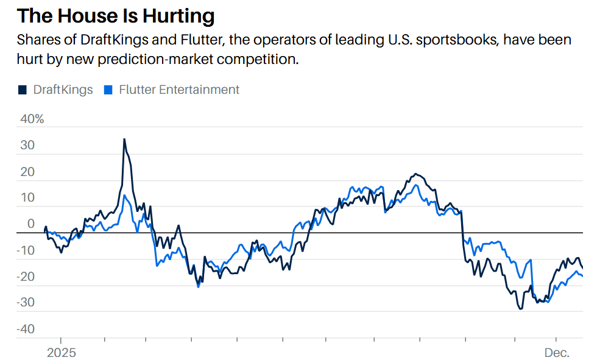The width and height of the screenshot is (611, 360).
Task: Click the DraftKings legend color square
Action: tap(23, 90)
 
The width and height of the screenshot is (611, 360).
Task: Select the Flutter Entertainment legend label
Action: tap(179, 90)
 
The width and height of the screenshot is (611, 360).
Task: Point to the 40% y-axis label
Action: tap(32, 119)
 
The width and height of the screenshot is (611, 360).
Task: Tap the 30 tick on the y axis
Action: tap(29, 146)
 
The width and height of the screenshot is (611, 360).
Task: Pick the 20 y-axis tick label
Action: tap(29, 172)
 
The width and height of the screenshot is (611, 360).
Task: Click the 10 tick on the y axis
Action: tap(29, 198)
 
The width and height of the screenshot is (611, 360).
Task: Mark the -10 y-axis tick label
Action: tap(26, 250)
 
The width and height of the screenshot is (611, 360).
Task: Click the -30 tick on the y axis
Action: tap(26, 303)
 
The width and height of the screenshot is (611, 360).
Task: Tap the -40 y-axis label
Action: tap(26, 330)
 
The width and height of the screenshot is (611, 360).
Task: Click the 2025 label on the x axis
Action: tap(61, 353)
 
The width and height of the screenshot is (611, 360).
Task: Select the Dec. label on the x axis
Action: tap(556, 353)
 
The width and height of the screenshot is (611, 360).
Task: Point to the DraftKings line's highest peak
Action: tap(124, 139)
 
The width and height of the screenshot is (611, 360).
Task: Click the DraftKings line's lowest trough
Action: tap(520, 309)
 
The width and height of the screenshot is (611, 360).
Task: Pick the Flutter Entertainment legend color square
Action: tap(108, 90)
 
